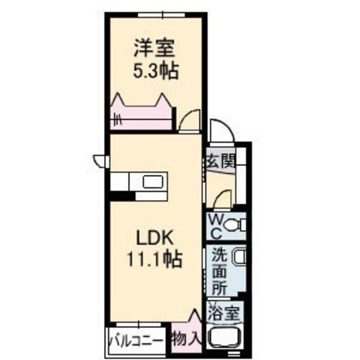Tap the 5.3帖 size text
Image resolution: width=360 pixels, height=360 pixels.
click(156, 69)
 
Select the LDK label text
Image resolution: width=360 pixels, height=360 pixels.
click(154, 237)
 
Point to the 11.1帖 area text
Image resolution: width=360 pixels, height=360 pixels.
click(154, 259)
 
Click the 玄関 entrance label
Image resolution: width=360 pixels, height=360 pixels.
click(219, 161)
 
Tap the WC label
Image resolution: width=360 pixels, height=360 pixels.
click(214, 226)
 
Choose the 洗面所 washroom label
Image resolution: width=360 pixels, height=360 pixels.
click(220, 271)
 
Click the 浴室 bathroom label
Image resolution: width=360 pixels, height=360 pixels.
click(224, 314)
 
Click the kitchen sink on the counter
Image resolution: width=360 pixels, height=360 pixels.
click(154, 181)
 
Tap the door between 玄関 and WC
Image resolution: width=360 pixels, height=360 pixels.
click(221, 199)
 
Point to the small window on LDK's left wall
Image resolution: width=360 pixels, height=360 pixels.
click(100, 160)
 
